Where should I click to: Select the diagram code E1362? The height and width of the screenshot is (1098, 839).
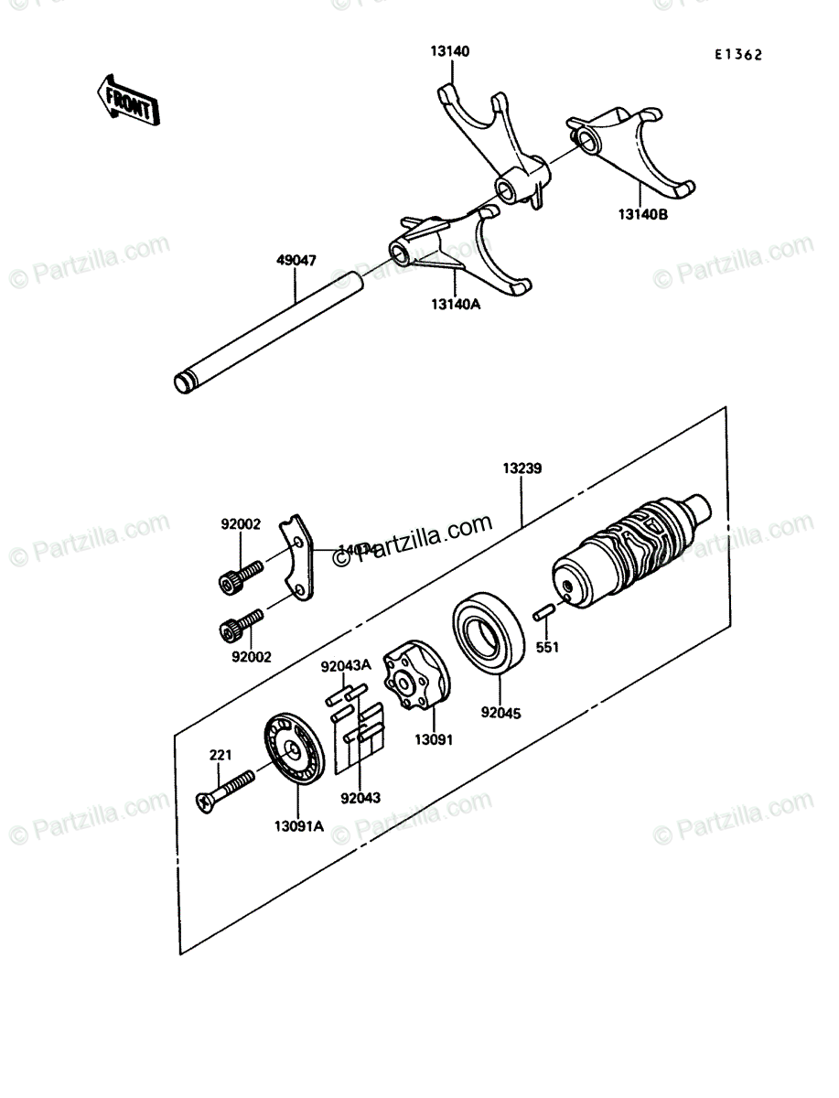tap(738, 55)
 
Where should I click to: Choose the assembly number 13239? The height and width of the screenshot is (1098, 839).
tap(522, 468)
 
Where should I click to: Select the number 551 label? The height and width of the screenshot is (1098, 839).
tap(547, 648)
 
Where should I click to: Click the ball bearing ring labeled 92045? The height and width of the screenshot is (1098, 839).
tap(489, 637)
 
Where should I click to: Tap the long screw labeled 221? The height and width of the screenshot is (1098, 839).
tap(225, 790)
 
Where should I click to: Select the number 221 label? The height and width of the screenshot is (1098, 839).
tap(220, 755)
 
